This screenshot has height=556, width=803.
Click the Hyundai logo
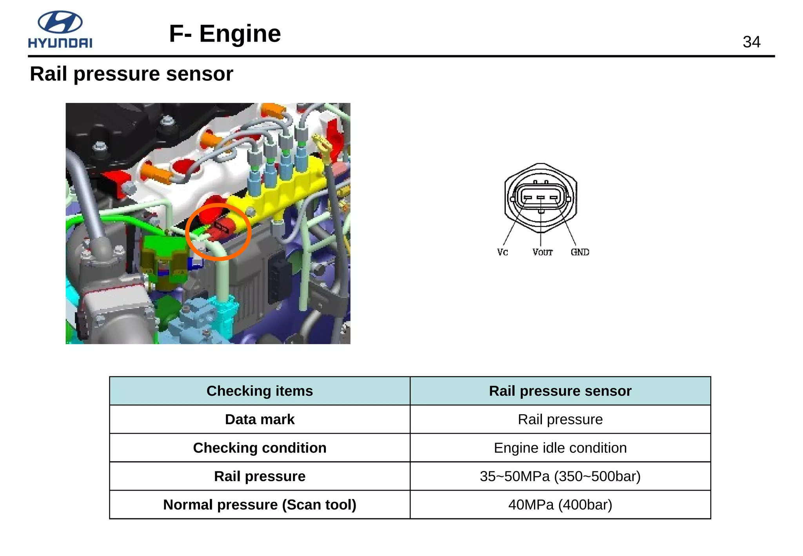point(60,30)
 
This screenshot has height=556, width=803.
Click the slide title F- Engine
point(225,34)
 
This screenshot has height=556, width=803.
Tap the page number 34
point(751,42)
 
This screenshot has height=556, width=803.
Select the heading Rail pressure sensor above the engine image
point(131,74)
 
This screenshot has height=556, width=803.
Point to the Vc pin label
point(502,252)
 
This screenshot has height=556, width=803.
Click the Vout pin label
point(542,252)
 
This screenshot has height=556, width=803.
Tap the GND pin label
point(580,252)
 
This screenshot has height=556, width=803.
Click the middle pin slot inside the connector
point(541,197)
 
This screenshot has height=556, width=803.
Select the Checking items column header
point(260,391)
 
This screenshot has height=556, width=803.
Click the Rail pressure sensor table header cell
point(560,391)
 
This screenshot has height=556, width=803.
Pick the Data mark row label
point(260,419)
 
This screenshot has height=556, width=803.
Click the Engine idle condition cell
point(560,448)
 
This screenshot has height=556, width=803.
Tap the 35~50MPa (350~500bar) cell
point(560,476)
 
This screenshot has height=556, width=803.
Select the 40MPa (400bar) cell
point(560,505)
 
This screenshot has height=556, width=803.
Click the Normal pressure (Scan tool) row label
point(260,505)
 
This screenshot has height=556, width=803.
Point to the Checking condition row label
point(260,448)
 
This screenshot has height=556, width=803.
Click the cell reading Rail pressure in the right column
point(560,419)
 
